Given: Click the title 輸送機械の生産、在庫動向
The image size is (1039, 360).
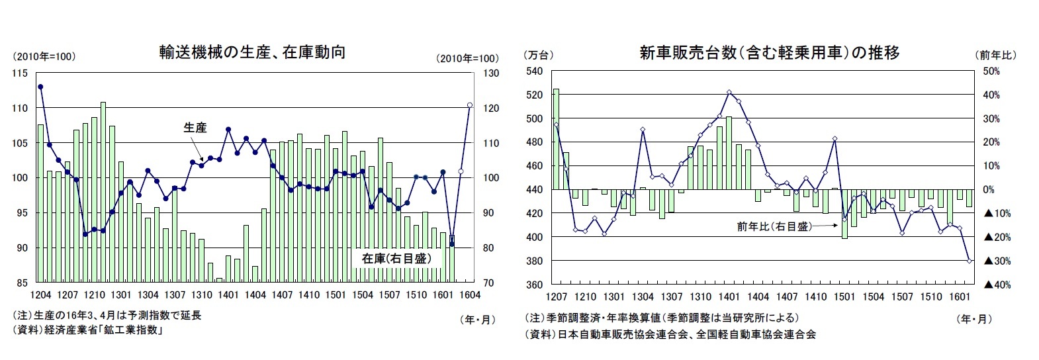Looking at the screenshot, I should coord(252,52).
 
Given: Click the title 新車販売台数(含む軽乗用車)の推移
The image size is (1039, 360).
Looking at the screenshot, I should coord(769,53).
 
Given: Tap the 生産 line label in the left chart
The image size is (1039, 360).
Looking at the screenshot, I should coord(195,128).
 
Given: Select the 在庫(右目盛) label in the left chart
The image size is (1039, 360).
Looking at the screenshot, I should coord(396,258).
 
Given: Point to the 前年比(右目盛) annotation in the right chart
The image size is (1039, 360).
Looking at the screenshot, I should coord(774,226).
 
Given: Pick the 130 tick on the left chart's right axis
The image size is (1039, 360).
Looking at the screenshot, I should coord(490,73).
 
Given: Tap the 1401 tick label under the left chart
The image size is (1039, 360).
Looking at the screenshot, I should coord(228,295).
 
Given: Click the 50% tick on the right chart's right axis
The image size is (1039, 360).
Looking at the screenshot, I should coord(991,71).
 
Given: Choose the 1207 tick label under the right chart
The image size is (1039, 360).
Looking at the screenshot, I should coord(557,297).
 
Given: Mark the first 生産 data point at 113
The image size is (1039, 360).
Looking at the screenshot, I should coord(40,87).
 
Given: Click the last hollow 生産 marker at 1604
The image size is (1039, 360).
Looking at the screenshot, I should coord(469,105).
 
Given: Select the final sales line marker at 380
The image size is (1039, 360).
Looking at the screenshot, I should coord(970,261).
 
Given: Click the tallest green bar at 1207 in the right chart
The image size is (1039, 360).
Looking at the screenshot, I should coord(556,139).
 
